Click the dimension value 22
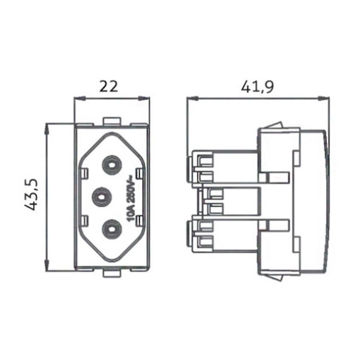pos(108,86)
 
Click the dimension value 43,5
pos(31,194)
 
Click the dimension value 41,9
pos(257,87)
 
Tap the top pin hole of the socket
pos(112,165)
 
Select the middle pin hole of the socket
pos(102,197)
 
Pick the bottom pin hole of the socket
pos(112,229)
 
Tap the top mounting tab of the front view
pos(112,121)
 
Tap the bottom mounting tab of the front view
pos(112,273)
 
